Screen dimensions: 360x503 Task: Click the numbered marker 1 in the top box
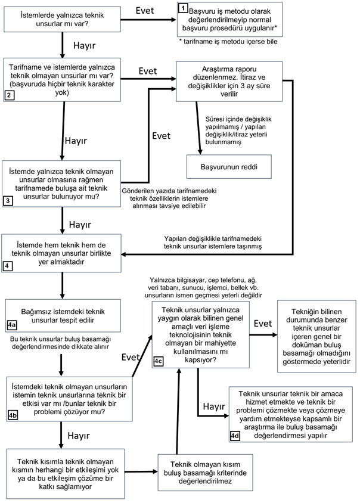183,8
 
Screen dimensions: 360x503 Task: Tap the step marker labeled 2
9,95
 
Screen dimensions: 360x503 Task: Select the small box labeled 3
8,201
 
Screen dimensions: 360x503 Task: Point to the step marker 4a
12,325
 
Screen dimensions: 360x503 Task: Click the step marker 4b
13,415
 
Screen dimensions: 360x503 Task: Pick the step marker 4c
158,362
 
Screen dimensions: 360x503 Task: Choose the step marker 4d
235,436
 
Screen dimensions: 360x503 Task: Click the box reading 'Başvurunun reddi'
229,167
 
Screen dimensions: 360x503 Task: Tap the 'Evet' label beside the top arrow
145,11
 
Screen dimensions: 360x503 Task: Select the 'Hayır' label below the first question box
85,45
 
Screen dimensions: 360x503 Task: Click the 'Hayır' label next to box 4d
214,406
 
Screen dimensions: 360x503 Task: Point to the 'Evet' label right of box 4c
263,324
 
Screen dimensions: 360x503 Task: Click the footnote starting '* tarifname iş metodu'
228,41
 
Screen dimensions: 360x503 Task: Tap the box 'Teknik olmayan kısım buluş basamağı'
205,473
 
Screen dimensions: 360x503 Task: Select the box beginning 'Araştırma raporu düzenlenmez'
229,82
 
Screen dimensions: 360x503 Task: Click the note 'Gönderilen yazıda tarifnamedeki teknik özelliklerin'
169,198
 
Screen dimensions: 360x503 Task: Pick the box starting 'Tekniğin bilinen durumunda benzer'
316,337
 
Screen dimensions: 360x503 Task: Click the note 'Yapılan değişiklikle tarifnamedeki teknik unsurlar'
213,243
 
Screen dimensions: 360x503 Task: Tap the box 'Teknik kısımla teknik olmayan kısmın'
66,474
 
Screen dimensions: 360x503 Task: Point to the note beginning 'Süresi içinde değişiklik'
238,131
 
